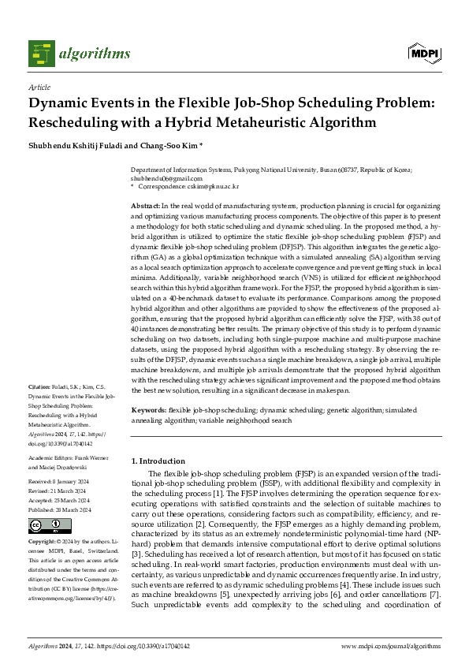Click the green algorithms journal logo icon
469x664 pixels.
41,53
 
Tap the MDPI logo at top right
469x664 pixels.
422,53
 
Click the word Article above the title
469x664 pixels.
39,88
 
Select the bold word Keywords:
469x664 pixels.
148,411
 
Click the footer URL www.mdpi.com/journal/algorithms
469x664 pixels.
390,646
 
